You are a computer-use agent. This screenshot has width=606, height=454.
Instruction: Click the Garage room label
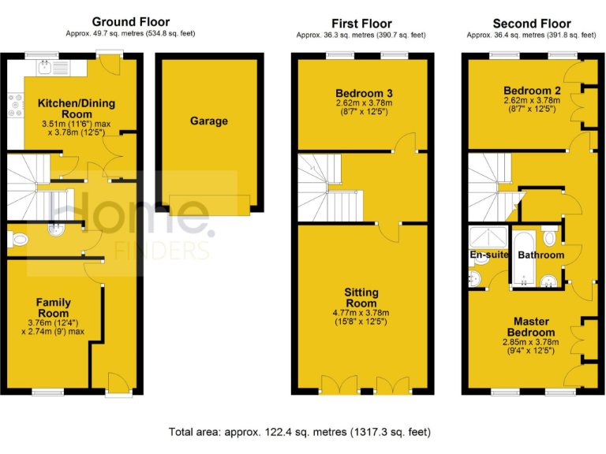click(x=208, y=121)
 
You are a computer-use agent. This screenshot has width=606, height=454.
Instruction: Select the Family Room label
click(x=53, y=308)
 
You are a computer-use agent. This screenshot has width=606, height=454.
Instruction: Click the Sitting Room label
click(x=361, y=298)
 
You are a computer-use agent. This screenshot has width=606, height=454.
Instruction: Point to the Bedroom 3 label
click(x=364, y=93)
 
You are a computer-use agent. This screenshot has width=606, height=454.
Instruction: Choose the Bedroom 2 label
click(x=530, y=90)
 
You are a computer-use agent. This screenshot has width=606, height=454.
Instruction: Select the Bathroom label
click(x=541, y=255)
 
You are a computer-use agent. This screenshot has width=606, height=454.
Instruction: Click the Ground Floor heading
click(x=130, y=22)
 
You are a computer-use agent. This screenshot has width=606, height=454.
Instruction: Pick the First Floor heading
click(x=361, y=24)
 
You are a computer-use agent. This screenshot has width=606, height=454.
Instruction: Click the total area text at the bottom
click(x=299, y=432)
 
